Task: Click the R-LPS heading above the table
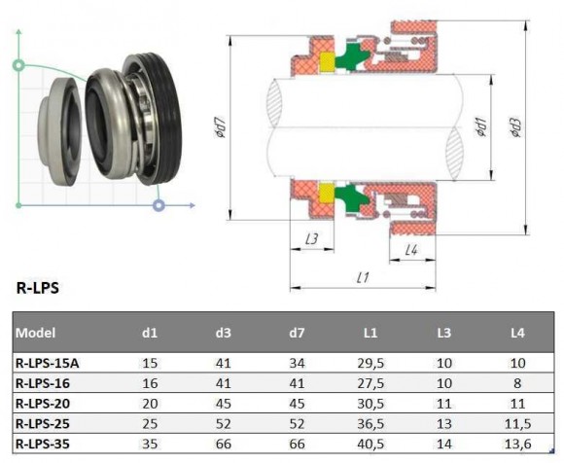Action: pos(36,288)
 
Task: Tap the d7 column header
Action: pos(297,333)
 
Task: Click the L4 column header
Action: pos(516,333)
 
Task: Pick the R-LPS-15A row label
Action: pos(48,364)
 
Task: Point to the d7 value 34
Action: pos(297,364)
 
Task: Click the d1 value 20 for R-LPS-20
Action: pos(150,403)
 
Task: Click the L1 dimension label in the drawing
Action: pos(363,278)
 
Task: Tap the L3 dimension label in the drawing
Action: pos(312,238)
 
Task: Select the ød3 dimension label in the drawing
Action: pos(514,127)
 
